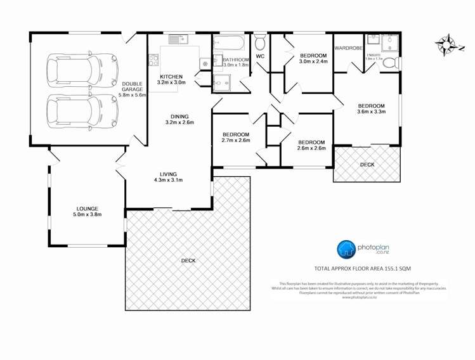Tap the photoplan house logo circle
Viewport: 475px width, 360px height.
[346, 249]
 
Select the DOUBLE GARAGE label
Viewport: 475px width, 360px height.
[133, 89]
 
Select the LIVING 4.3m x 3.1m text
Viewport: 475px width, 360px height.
[168, 177]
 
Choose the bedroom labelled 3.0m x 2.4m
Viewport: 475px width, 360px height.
[313, 58]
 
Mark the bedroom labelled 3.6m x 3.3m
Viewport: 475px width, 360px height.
[371, 109]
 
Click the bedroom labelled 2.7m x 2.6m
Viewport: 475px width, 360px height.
[235, 138]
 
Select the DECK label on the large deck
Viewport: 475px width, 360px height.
[188, 260]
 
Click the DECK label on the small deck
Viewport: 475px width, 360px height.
[367, 164]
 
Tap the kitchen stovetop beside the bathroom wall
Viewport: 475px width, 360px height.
[205, 63]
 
